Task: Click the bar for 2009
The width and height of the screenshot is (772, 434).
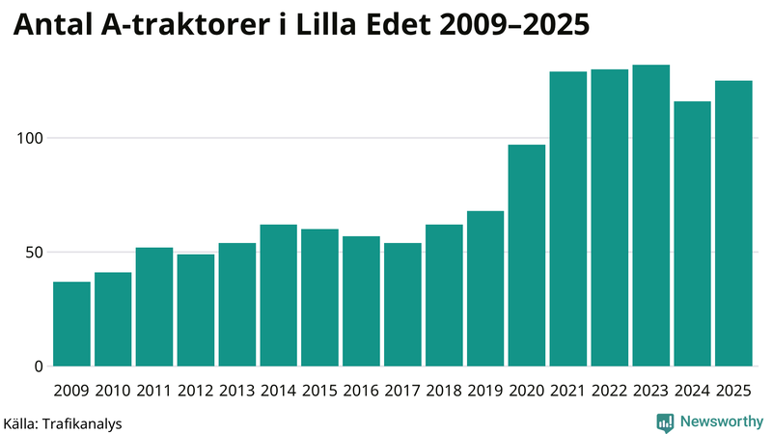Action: coord(71,324)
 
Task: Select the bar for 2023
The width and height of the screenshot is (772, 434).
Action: coord(651,216)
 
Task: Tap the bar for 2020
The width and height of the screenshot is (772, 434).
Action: coord(527,256)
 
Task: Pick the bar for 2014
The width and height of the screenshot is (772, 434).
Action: coord(279,295)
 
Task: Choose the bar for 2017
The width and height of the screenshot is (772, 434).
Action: coord(402,305)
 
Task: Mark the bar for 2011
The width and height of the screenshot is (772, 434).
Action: coord(154,307)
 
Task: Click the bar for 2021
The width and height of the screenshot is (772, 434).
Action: coord(568,219)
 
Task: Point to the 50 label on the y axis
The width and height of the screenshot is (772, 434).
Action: coord(35,253)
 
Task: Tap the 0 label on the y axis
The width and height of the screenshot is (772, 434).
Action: coord(39,366)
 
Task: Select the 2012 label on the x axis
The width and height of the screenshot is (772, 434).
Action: coord(196,391)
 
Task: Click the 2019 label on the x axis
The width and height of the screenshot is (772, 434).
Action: coord(485,391)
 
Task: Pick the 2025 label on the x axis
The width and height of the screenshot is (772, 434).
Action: coord(733,391)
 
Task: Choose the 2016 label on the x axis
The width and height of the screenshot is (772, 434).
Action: coord(362,391)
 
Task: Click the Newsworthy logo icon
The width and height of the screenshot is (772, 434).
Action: coord(665,421)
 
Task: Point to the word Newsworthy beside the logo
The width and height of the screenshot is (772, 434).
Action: coord(721,421)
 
